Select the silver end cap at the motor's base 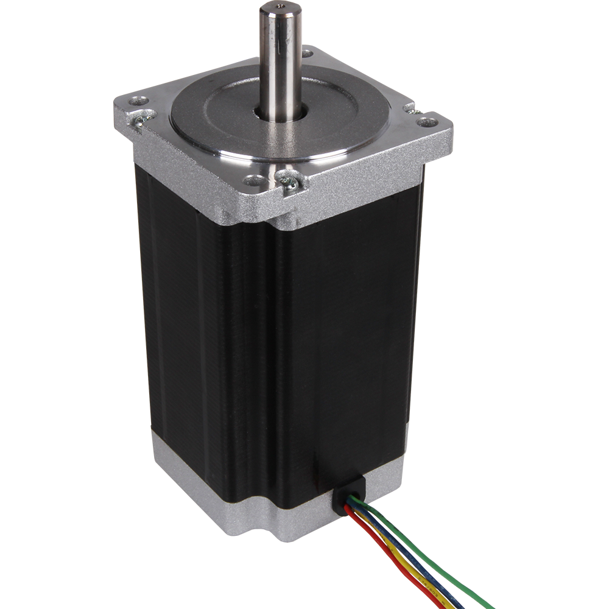click(x=201, y=487)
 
